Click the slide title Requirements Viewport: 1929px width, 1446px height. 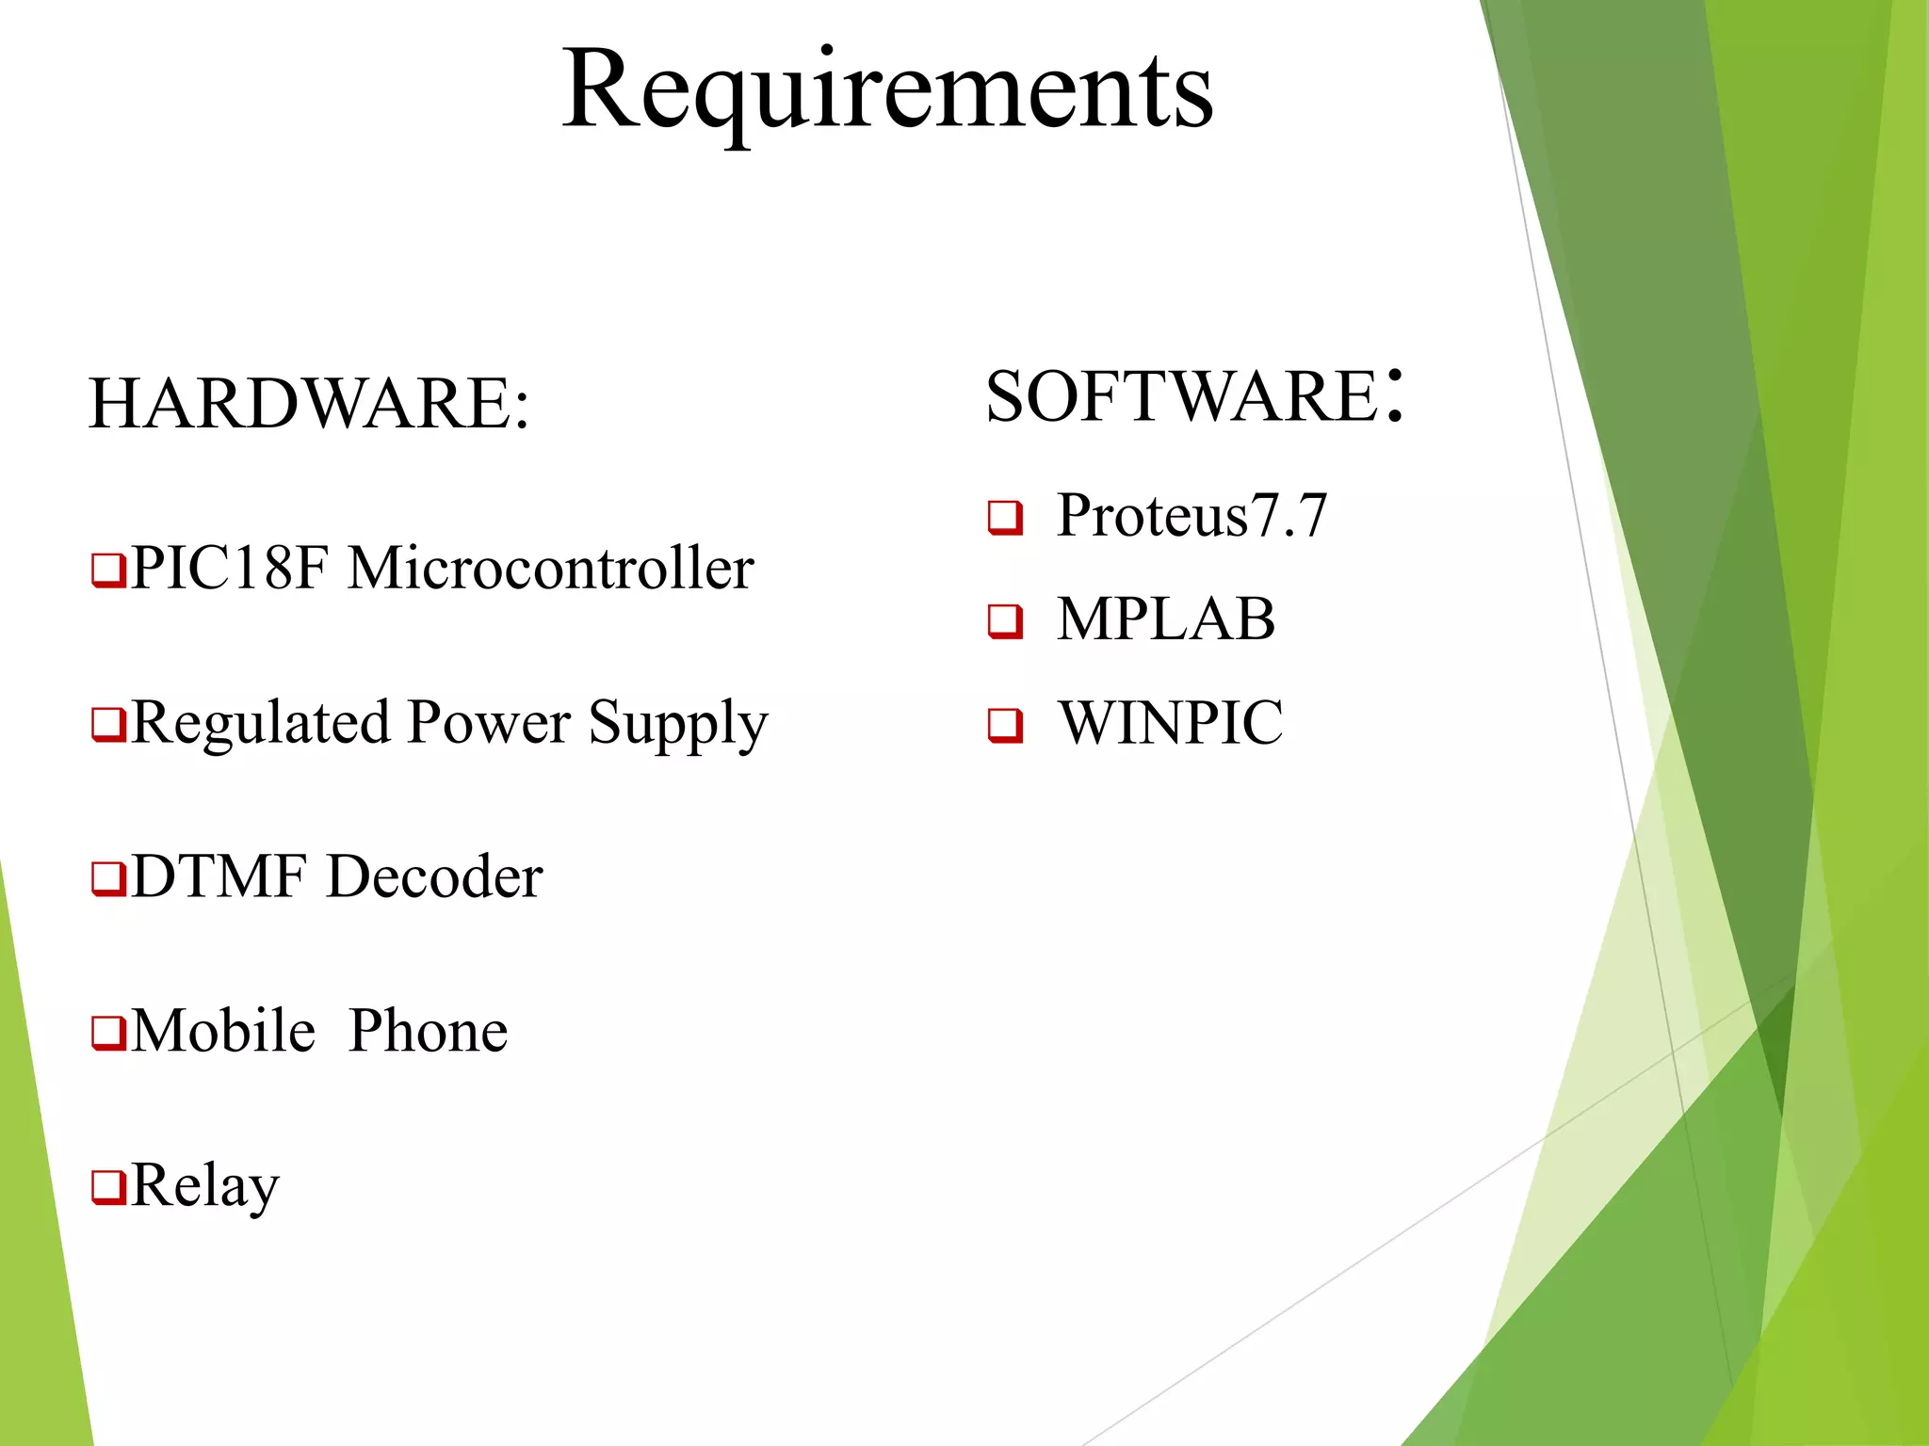coord(887,91)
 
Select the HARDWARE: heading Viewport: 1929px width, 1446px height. coord(309,404)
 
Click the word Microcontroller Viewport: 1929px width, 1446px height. coord(551,569)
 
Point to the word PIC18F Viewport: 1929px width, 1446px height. coord(230,569)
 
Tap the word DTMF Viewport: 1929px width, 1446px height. coord(219,876)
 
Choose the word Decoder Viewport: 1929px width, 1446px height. coord(434,876)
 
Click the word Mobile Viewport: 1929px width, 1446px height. coord(223,1031)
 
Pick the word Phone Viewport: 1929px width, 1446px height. coord(428,1031)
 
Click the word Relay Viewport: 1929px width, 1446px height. coord(205,1185)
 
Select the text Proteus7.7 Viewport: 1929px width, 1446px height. coord(1191,516)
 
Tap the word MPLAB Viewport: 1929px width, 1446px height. coord(1166,619)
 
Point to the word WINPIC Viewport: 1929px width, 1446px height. coord(1171,723)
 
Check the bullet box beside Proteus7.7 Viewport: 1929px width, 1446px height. coord(1005,518)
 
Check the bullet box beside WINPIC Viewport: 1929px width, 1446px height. coord(1005,725)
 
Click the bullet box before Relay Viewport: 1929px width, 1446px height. coord(108,1187)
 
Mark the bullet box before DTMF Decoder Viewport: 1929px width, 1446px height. coord(108,878)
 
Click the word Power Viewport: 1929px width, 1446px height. coord(489,723)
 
